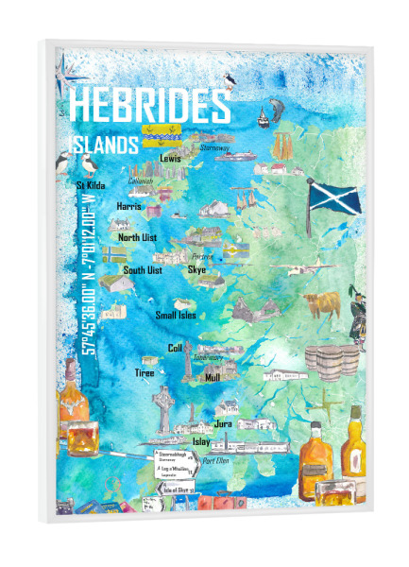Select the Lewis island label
171,158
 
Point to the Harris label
128,204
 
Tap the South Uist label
143,270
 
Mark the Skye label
196,269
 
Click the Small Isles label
176,315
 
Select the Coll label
175,348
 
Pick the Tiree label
145,372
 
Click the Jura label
224,424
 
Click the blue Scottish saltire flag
332,198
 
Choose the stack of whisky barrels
331,362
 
